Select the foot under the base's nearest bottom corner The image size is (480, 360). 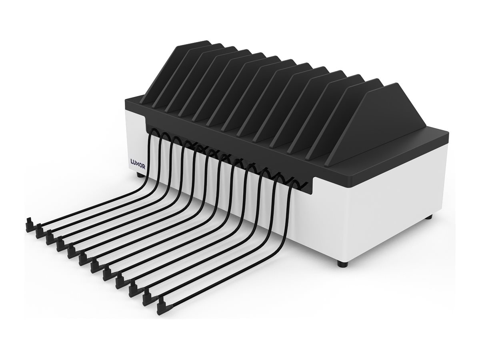point(341,264)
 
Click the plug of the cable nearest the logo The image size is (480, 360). point(30,225)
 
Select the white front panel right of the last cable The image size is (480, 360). point(320,224)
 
